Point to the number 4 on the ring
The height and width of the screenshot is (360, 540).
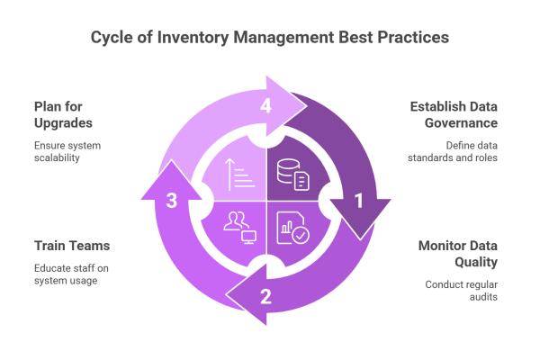click(265, 107)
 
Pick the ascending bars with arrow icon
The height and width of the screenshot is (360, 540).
click(239, 174)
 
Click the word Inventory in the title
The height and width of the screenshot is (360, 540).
click(185, 39)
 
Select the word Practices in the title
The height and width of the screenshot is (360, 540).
click(410, 39)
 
